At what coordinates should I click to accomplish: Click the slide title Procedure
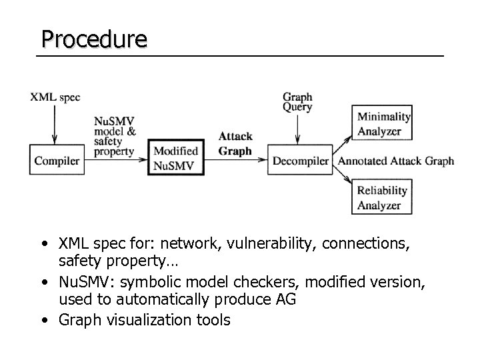coord(93,39)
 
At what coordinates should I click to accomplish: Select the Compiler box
coord(57,161)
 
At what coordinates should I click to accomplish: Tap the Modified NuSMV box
coord(175,158)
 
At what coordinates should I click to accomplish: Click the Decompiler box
coord(300,161)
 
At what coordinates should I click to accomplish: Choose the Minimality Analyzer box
coord(383,123)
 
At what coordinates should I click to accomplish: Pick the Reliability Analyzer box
coord(382,198)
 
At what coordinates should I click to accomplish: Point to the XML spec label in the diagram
coord(55,97)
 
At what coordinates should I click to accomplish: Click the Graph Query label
coord(297,102)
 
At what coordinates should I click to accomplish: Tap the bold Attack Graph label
coord(235,144)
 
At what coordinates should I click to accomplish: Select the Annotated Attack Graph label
coord(396,161)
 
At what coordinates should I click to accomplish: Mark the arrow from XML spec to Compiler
coord(55,124)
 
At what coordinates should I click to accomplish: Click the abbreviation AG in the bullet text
coord(285,299)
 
